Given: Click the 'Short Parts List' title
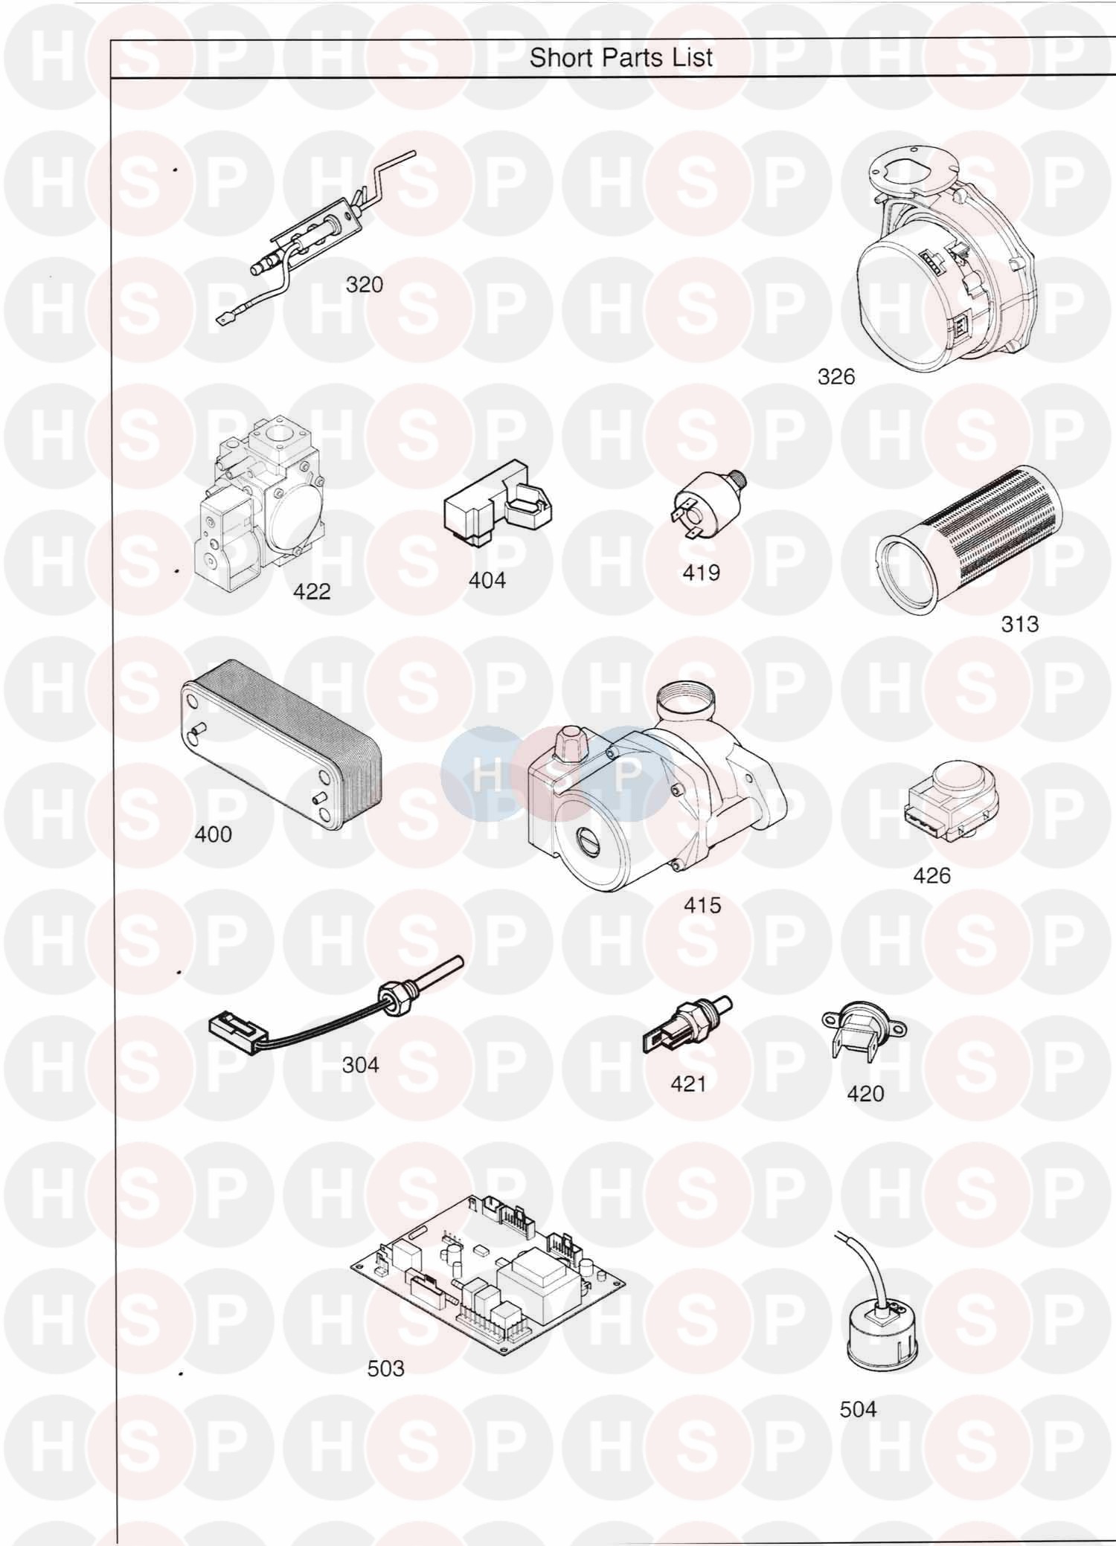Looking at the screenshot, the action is tap(621, 57).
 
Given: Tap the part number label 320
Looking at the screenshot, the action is tap(365, 284).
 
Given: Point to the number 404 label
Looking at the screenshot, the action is tap(487, 579).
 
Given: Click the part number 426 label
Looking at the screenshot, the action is tap(932, 875).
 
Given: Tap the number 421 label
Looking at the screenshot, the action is tap(688, 1083).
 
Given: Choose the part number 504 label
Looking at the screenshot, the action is tap(858, 1408).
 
